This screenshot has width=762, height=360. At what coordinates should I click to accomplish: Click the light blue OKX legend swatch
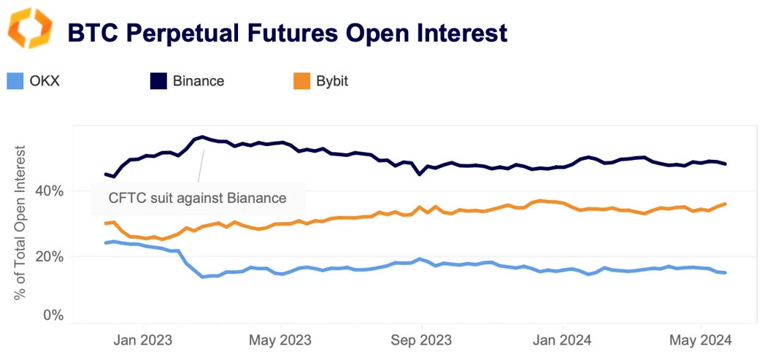(15, 80)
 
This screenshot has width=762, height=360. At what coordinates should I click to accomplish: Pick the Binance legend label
(199, 81)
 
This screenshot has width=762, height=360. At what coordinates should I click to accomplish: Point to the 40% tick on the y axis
(49, 191)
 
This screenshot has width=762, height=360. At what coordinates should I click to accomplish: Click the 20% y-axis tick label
(49, 256)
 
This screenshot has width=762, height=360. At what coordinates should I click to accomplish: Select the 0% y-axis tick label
(53, 315)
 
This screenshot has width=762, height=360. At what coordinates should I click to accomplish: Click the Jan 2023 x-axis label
(144, 340)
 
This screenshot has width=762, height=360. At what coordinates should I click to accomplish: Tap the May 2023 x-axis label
(280, 340)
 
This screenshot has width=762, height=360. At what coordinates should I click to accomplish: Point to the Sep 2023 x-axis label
(421, 340)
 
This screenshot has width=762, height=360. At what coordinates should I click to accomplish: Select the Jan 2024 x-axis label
(562, 340)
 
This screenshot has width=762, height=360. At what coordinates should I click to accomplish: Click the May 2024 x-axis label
(701, 340)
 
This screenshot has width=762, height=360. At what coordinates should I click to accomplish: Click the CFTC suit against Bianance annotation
(197, 198)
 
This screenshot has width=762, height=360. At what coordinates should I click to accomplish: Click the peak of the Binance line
(202, 137)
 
